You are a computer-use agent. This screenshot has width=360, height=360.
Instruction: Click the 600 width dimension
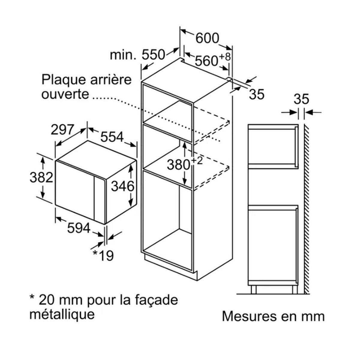point(207,38)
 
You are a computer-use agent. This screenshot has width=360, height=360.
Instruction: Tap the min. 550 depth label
point(137,55)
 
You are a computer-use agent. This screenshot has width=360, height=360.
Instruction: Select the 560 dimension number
point(206,61)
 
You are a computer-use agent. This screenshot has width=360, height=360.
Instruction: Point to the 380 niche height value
point(178,165)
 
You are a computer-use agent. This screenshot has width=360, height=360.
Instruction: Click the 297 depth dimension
point(62,130)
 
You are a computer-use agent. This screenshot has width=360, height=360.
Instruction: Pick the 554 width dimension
point(112,137)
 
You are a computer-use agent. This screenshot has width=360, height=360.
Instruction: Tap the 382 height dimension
point(41,177)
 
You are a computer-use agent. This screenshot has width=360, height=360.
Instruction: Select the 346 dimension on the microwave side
point(123,186)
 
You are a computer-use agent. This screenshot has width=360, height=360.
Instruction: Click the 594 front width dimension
point(79,228)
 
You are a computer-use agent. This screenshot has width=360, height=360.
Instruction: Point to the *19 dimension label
point(103,255)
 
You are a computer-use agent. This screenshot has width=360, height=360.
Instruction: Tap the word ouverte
point(65,94)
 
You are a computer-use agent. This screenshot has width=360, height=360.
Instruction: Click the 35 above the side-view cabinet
point(301,99)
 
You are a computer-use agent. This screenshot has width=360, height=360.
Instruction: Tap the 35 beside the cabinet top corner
point(257,94)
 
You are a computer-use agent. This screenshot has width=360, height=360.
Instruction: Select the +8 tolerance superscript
point(225,57)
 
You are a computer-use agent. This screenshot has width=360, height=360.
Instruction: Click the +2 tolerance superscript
point(197,161)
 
